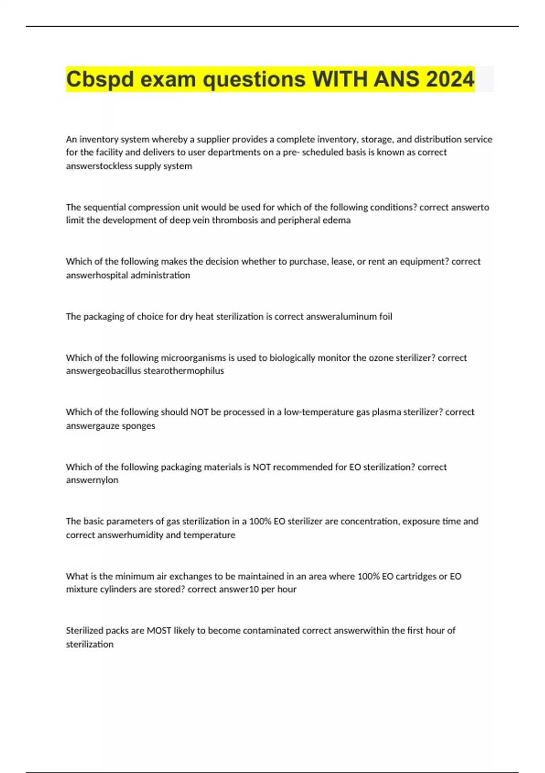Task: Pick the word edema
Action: tap(337, 221)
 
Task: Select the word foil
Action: tap(386, 316)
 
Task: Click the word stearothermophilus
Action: tap(184, 371)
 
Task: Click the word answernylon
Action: tap(92, 480)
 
